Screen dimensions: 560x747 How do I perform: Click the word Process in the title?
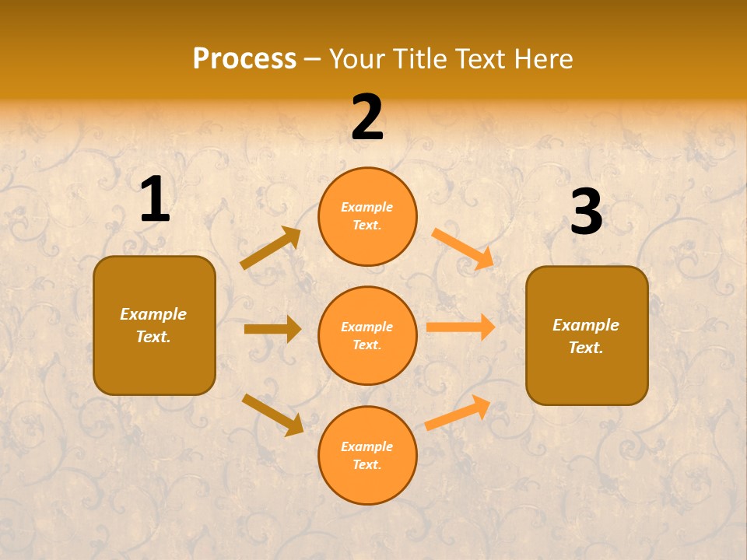pos(244,59)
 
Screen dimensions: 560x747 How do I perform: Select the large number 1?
pos(155,200)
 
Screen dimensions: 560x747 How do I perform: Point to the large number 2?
pos(367,117)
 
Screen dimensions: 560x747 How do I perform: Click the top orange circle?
pos(367,216)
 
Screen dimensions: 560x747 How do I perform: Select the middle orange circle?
pos(367,335)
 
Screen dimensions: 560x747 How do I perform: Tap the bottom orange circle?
pos(367,455)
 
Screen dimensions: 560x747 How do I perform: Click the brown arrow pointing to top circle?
pos(271,248)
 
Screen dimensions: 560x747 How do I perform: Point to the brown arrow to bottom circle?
pos(272,414)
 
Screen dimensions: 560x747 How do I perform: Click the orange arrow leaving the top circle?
pos(462,248)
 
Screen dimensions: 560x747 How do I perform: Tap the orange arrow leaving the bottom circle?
pos(458,413)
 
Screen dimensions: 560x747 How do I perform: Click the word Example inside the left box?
pos(153,314)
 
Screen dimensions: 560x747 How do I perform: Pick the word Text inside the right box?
pos(585,348)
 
